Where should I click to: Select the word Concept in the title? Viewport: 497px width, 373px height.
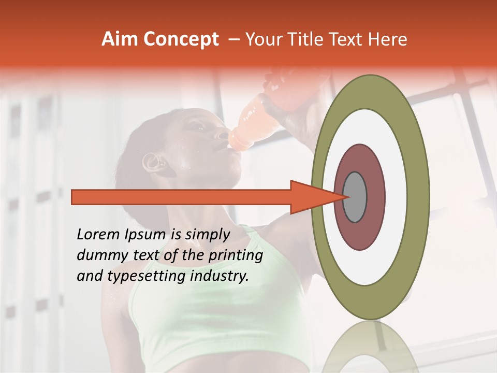(x=180, y=40)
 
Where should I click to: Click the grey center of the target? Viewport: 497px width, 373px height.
(x=355, y=197)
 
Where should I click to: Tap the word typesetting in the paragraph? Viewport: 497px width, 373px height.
(x=137, y=277)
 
